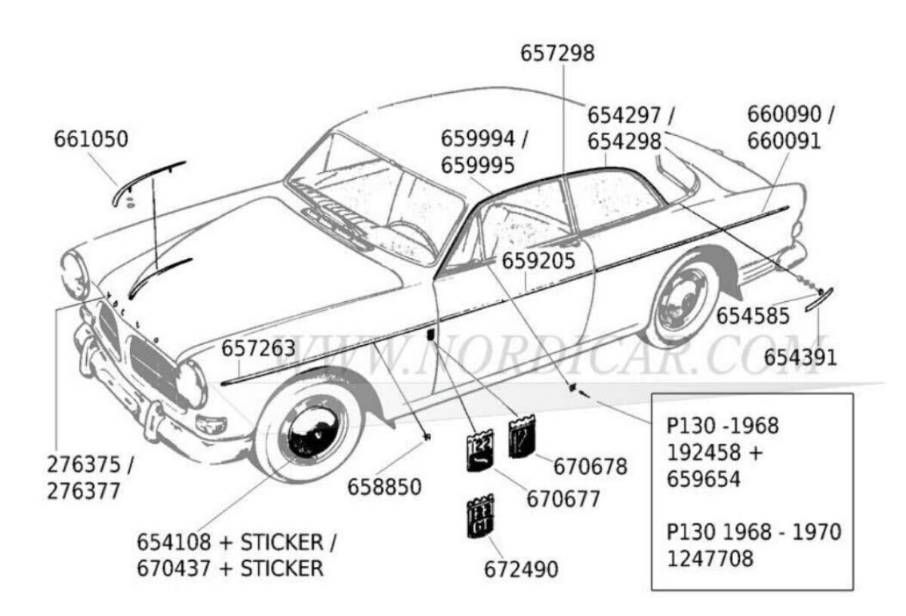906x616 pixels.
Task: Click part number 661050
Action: pos(91,140)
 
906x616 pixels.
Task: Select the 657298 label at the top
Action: pos(558,54)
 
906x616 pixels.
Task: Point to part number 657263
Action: pos(258,349)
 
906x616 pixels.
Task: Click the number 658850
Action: pos(384,487)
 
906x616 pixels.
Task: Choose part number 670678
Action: pos(590,467)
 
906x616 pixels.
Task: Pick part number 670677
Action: pos(564,499)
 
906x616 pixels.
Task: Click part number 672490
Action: pos(522,568)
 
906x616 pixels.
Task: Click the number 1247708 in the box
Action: pos(710,559)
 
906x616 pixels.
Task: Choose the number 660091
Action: pos(784,141)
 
